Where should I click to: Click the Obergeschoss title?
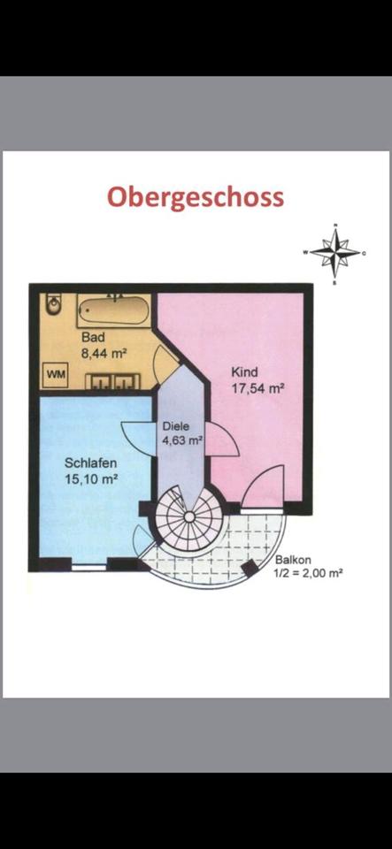point(196,198)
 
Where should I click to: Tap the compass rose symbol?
point(335,252)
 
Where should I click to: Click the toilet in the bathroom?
point(52,306)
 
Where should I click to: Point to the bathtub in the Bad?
point(113,310)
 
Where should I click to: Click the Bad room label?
point(93,337)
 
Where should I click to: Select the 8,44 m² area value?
point(104,354)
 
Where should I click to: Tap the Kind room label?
point(244,372)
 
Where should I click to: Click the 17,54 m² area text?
point(258,389)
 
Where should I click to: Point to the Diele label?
point(176,425)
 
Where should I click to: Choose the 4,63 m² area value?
point(182,440)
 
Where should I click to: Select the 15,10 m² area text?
point(91,479)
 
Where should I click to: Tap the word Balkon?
point(292,561)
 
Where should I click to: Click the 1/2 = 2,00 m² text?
point(309,573)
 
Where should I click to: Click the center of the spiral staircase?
point(189,517)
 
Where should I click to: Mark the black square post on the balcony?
point(250,568)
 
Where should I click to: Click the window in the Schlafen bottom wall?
point(88,568)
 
